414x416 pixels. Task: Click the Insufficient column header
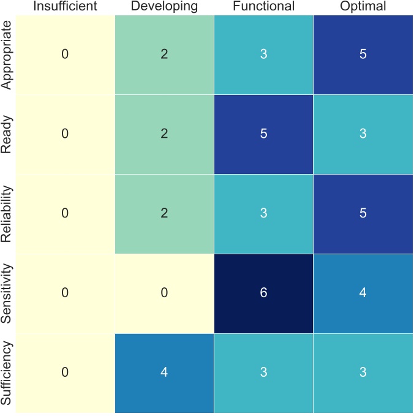tap(65, 7)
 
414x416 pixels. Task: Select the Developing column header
tap(164, 7)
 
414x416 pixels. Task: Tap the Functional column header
tap(263, 7)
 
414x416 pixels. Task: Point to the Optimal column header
tap(363, 7)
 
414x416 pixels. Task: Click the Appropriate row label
tap(7, 55)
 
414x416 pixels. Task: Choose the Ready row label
tap(7, 134)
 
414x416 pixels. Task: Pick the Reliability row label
tap(7, 214)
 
